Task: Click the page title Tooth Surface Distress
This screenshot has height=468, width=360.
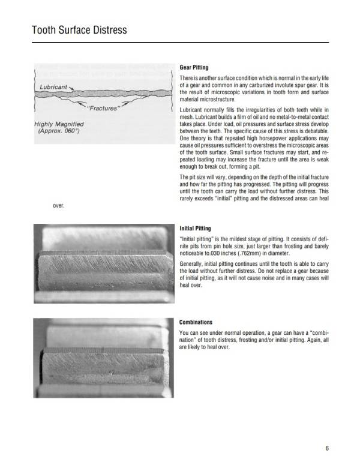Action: tap(79, 29)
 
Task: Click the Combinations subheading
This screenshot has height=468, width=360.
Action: tap(196, 322)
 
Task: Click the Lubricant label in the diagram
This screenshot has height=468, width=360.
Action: tap(53, 87)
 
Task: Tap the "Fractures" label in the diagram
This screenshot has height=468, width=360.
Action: tap(103, 109)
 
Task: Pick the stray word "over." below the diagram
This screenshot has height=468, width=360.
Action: tap(58, 206)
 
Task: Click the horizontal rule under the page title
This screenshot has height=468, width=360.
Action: tap(180, 43)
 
